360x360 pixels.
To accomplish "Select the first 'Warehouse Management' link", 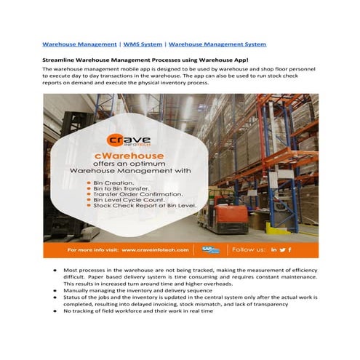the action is click(x=80, y=44).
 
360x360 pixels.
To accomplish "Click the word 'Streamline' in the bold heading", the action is click(x=62, y=60).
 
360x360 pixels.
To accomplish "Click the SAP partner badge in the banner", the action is click(x=211, y=249).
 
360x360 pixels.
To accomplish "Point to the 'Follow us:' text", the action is click(x=248, y=249).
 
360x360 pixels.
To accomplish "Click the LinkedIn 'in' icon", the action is click(x=273, y=249).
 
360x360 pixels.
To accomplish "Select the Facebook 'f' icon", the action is click(x=289, y=249).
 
